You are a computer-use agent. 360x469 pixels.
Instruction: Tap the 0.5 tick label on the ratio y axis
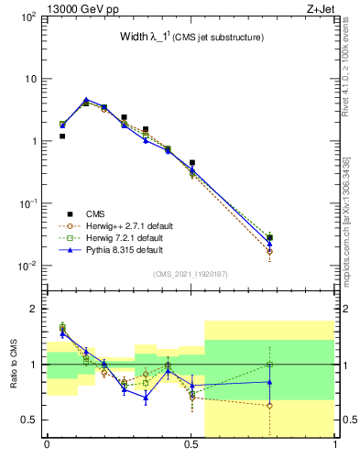tap(28, 420)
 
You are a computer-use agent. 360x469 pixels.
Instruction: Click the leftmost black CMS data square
tap(62, 136)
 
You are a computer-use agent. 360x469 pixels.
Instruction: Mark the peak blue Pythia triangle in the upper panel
tap(86, 100)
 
